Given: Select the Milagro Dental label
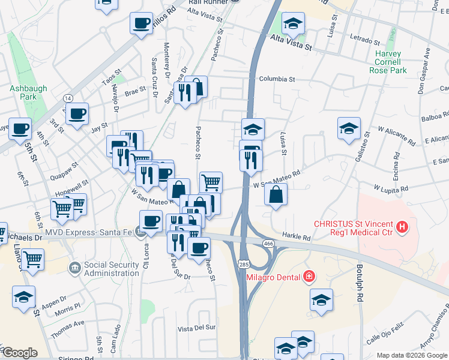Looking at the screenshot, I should (271, 277).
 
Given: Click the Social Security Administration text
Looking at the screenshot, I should (119, 269).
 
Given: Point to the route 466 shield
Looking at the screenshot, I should (268, 243).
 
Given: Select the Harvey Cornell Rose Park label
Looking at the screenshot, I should (391, 62).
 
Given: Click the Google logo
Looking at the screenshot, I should (19, 353).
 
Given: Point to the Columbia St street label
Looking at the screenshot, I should (277, 79).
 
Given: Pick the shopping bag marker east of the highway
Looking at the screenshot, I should (276, 195).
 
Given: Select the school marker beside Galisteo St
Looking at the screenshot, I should (349, 128).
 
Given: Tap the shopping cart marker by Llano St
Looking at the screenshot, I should (34, 259).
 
